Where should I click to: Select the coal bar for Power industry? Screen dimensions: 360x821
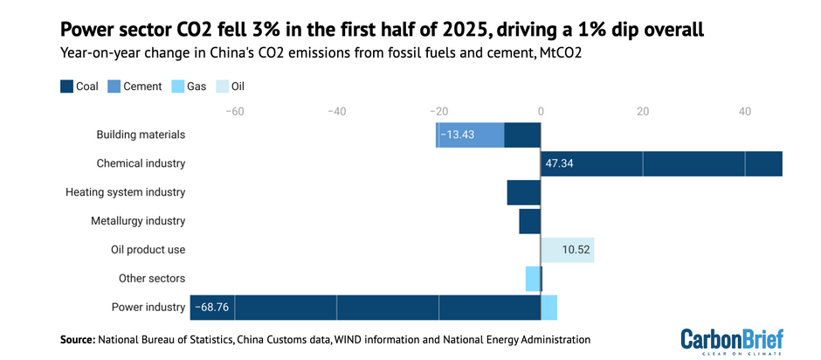384,308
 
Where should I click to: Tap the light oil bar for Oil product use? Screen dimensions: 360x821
568,250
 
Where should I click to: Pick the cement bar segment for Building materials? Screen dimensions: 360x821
472,135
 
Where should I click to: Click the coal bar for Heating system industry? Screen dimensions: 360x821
524,192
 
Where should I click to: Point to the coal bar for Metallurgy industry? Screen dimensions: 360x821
530,221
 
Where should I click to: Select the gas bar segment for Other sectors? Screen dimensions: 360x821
532,279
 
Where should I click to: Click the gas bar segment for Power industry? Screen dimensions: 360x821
549,308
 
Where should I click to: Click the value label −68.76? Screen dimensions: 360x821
211,308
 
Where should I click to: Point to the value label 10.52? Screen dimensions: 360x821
576,250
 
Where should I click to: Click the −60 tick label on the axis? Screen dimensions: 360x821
234,112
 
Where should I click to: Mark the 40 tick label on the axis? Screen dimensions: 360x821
745,112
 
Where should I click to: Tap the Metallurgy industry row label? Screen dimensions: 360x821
138,221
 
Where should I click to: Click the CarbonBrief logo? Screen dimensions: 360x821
732,340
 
